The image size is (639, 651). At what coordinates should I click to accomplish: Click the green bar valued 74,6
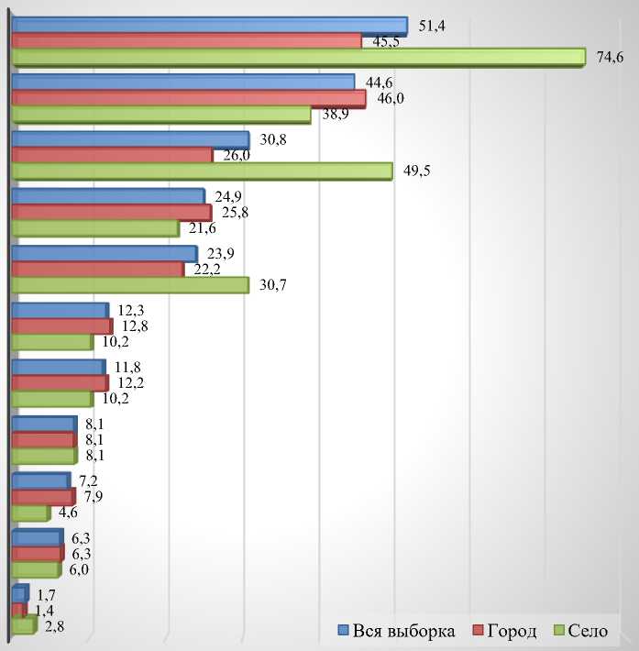point(298,57)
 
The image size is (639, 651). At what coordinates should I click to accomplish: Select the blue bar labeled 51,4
point(209,25)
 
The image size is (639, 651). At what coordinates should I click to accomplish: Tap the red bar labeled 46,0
point(188,98)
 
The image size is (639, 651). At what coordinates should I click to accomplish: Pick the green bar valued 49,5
point(202,171)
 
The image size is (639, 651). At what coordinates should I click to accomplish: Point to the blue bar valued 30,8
point(129,138)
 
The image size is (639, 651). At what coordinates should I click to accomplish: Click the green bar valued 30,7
point(129,285)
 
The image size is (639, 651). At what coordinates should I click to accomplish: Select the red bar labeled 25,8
point(111,213)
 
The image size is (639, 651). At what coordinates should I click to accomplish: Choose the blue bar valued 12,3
point(60,311)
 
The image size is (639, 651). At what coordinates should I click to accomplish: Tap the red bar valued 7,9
point(42,497)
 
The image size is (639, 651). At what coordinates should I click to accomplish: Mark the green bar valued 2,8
point(23,626)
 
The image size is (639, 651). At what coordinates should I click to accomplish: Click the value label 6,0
point(80,569)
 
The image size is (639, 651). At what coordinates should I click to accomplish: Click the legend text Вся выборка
point(404,631)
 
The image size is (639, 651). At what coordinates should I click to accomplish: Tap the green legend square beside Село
point(559,631)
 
